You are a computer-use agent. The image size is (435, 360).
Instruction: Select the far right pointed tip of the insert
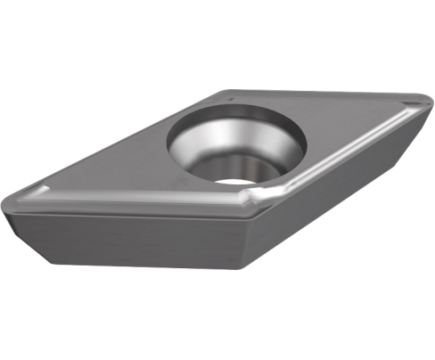[420, 100]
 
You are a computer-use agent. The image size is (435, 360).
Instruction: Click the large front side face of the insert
[134, 241]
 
